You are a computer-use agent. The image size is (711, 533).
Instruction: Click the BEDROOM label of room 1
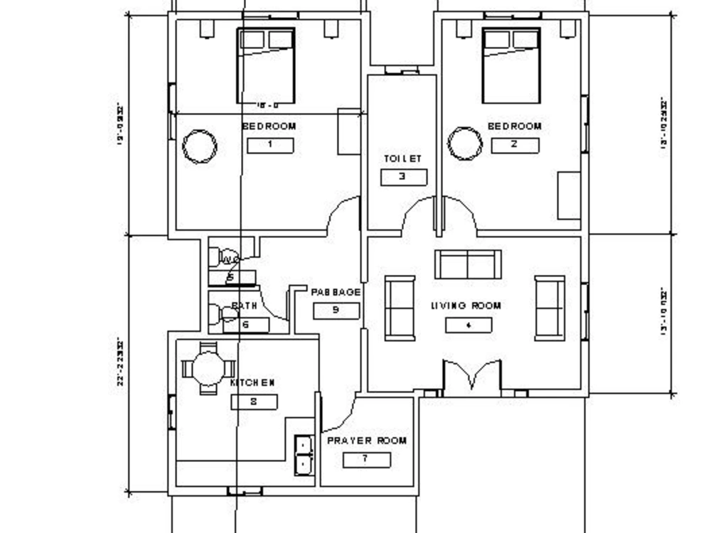click(x=269, y=126)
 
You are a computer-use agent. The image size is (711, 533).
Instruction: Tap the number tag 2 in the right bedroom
click(x=515, y=146)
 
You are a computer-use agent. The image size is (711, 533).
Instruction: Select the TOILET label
click(x=403, y=158)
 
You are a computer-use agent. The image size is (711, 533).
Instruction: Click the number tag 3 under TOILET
click(x=403, y=177)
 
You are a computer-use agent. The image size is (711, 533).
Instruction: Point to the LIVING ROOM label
click(x=466, y=306)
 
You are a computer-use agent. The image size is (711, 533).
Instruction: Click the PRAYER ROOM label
click(x=367, y=441)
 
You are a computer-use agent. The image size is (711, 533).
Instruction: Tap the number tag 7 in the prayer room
click(x=367, y=459)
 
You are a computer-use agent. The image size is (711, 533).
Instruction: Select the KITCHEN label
click(x=253, y=383)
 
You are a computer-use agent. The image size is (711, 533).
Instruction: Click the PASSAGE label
click(x=336, y=292)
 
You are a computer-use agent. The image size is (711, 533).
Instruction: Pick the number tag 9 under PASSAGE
click(x=336, y=311)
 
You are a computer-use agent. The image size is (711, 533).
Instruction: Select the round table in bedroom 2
click(x=465, y=144)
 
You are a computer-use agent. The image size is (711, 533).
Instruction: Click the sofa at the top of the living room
click(x=468, y=264)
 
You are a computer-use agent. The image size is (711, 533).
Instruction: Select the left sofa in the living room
click(x=400, y=308)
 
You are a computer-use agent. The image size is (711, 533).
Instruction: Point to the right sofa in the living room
click(x=550, y=308)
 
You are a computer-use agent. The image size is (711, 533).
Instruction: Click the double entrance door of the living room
click(x=472, y=376)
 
